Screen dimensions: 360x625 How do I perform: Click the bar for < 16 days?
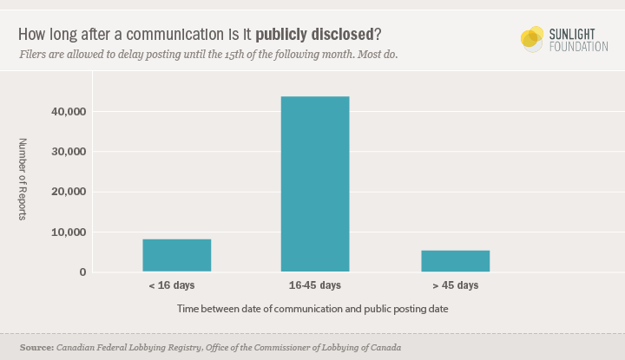(177, 255)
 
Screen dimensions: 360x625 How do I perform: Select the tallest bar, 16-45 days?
(315, 184)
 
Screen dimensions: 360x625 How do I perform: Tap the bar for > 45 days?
(455, 260)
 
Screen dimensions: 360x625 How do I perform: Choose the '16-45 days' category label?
(315, 285)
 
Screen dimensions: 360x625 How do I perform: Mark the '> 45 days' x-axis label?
(455, 285)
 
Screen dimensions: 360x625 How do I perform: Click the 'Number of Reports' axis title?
(23, 179)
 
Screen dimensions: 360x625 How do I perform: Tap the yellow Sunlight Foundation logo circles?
(531, 37)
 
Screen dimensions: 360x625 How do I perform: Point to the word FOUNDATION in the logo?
(579, 46)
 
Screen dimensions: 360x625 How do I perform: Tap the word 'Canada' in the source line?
(385, 347)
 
